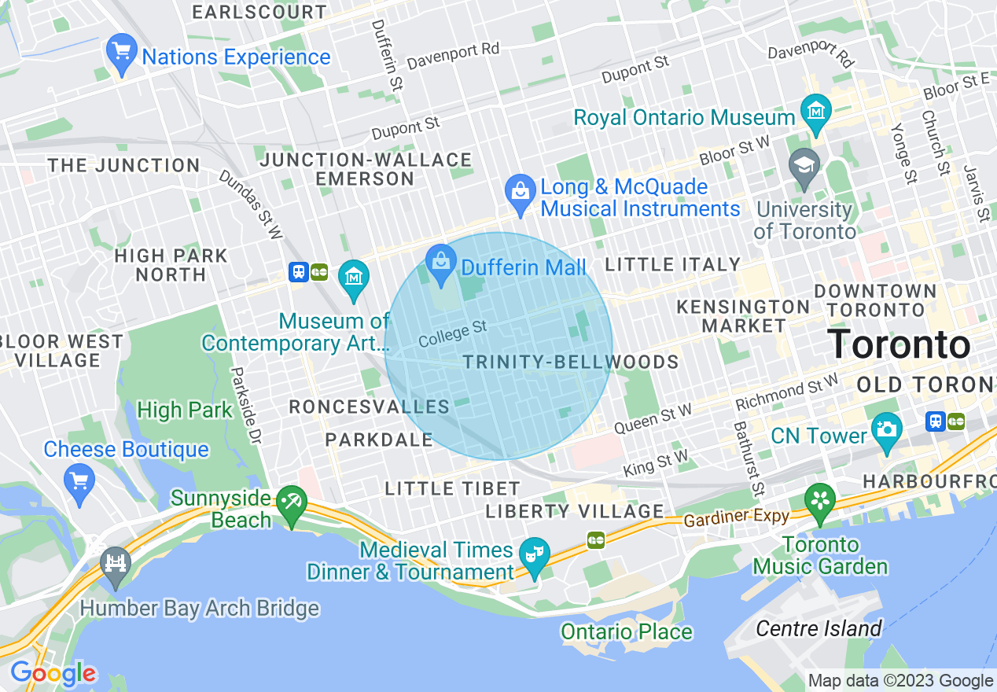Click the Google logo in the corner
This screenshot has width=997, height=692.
[53, 673]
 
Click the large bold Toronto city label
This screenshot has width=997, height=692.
[899, 344]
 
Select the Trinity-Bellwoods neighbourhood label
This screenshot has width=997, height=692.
[571, 362]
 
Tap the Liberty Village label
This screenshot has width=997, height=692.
[575, 511]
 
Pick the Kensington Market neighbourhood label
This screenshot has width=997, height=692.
[743, 315]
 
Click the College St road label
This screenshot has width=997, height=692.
[453, 333]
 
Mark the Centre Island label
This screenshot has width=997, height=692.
[819, 628]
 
